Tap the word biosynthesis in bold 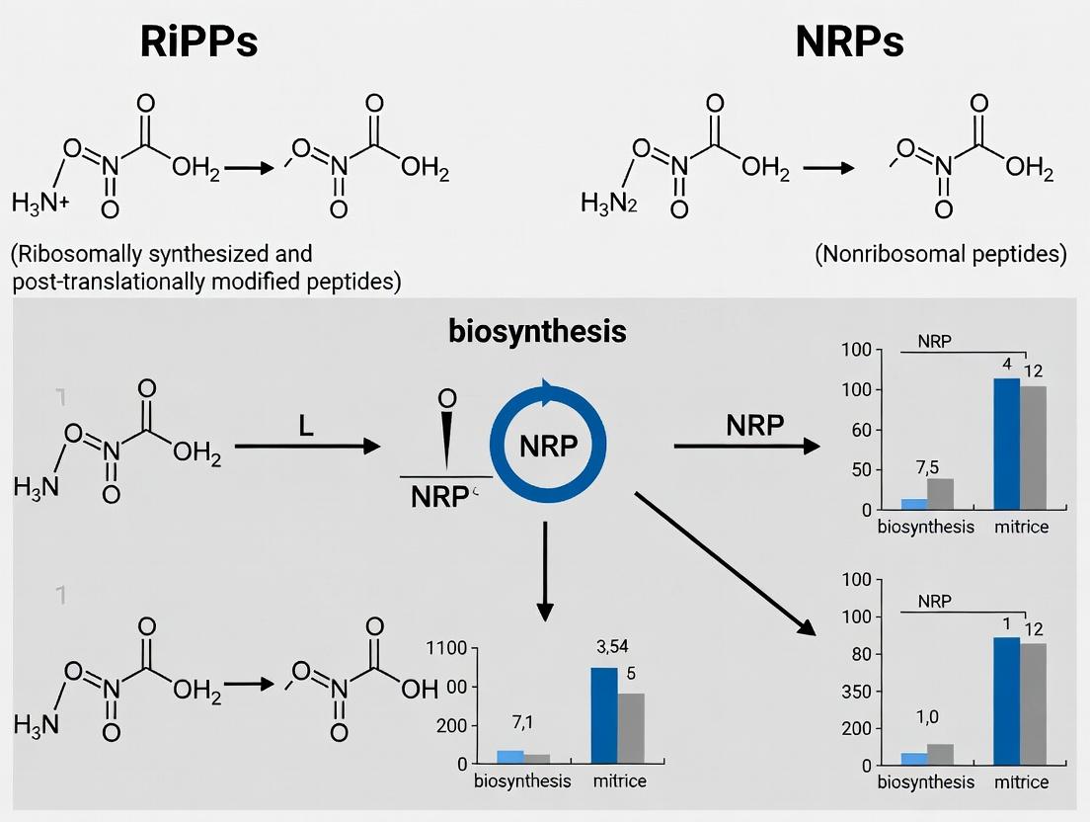[x=537, y=331]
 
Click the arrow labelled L [x=307, y=447]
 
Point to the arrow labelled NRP [x=746, y=448]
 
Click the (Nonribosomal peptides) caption [x=941, y=255]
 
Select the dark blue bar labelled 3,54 [x=603, y=715]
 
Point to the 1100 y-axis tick [x=445, y=649]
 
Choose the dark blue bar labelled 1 [x=1006, y=700]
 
